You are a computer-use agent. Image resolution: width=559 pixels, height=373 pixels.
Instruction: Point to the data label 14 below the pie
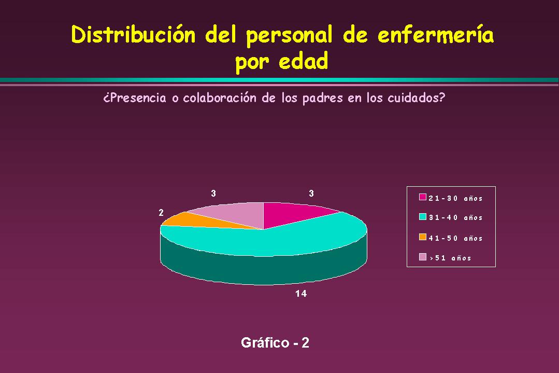(301, 294)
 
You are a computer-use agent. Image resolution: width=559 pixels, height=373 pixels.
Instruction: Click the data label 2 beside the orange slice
(161, 213)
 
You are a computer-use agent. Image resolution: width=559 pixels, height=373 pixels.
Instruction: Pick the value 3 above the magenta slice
(311, 194)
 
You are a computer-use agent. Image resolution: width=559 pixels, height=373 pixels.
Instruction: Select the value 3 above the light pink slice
(213, 194)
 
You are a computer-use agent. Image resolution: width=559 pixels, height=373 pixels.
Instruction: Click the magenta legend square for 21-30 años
(422, 197)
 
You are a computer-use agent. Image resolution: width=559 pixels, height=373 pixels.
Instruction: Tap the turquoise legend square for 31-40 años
(422, 217)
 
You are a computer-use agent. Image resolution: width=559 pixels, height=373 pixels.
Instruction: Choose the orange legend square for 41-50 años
(422, 237)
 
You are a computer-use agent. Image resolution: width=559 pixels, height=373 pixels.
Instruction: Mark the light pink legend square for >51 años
(422, 257)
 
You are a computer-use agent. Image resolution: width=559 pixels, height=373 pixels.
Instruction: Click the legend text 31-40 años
(455, 218)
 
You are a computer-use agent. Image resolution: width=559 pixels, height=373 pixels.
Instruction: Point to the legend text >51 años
(451, 258)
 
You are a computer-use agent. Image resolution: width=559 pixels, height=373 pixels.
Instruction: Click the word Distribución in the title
(133, 35)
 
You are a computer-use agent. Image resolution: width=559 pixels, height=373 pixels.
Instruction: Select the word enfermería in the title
(436, 35)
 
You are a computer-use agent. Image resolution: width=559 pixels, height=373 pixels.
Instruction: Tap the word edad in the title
(304, 61)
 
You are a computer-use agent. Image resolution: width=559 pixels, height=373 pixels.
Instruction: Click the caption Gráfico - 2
(275, 343)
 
